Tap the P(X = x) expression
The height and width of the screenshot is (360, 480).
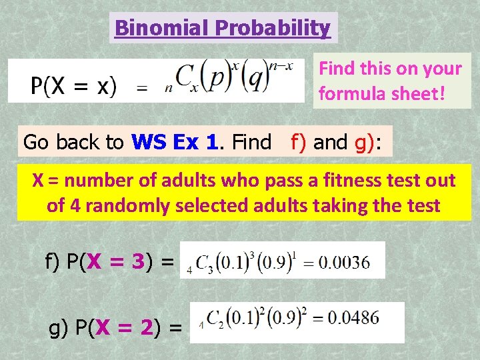point(73,86)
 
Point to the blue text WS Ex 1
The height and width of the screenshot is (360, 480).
point(176,141)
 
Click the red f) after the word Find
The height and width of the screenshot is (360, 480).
point(298,141)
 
